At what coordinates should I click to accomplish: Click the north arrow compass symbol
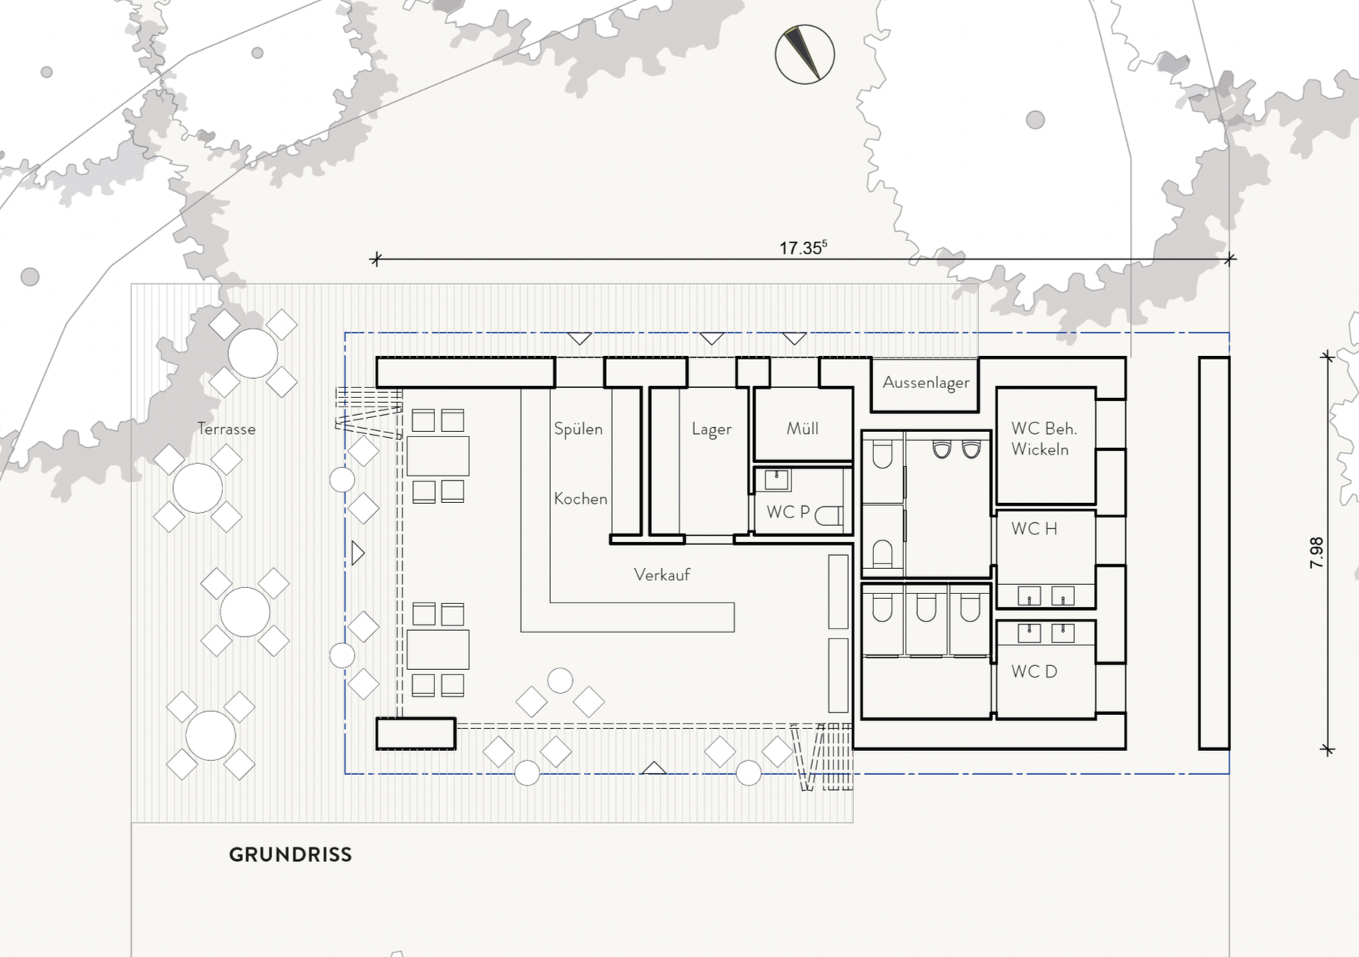click(x=804, y=54)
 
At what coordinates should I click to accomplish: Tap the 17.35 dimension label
click(x=803, y=248)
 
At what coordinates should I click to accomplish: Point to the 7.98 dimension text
click(x=1316, y=552)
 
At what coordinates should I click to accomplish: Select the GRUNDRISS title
click(x=290, y=854)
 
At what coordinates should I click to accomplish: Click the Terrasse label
click(x=226, y=429)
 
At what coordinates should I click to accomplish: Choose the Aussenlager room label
click(x=926, y=383)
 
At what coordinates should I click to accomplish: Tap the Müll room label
click(x=802, y=429)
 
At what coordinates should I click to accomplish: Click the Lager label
click(x=712, y=430)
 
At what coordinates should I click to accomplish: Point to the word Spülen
click(x=578, y=429)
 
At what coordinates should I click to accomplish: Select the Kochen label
click(x=581, y=498)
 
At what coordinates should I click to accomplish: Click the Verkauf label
click(x=662, y=574)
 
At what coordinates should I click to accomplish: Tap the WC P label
click(x=788, y=512)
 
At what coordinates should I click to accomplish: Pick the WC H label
click(x=1034, y=528)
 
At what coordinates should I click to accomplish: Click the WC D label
click(x=1034, y=671)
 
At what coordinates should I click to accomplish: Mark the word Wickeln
click(x=1040, y=449)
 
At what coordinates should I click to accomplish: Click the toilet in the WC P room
click(x=828, y=515)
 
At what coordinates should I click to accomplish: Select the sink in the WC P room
click(x=777, y=480)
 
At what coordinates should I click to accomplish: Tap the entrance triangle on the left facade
click(x=358, y=553)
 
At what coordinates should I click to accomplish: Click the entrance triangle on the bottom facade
click(x=653, y=767)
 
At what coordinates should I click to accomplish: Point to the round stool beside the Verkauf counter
click(x=560, y=681)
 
